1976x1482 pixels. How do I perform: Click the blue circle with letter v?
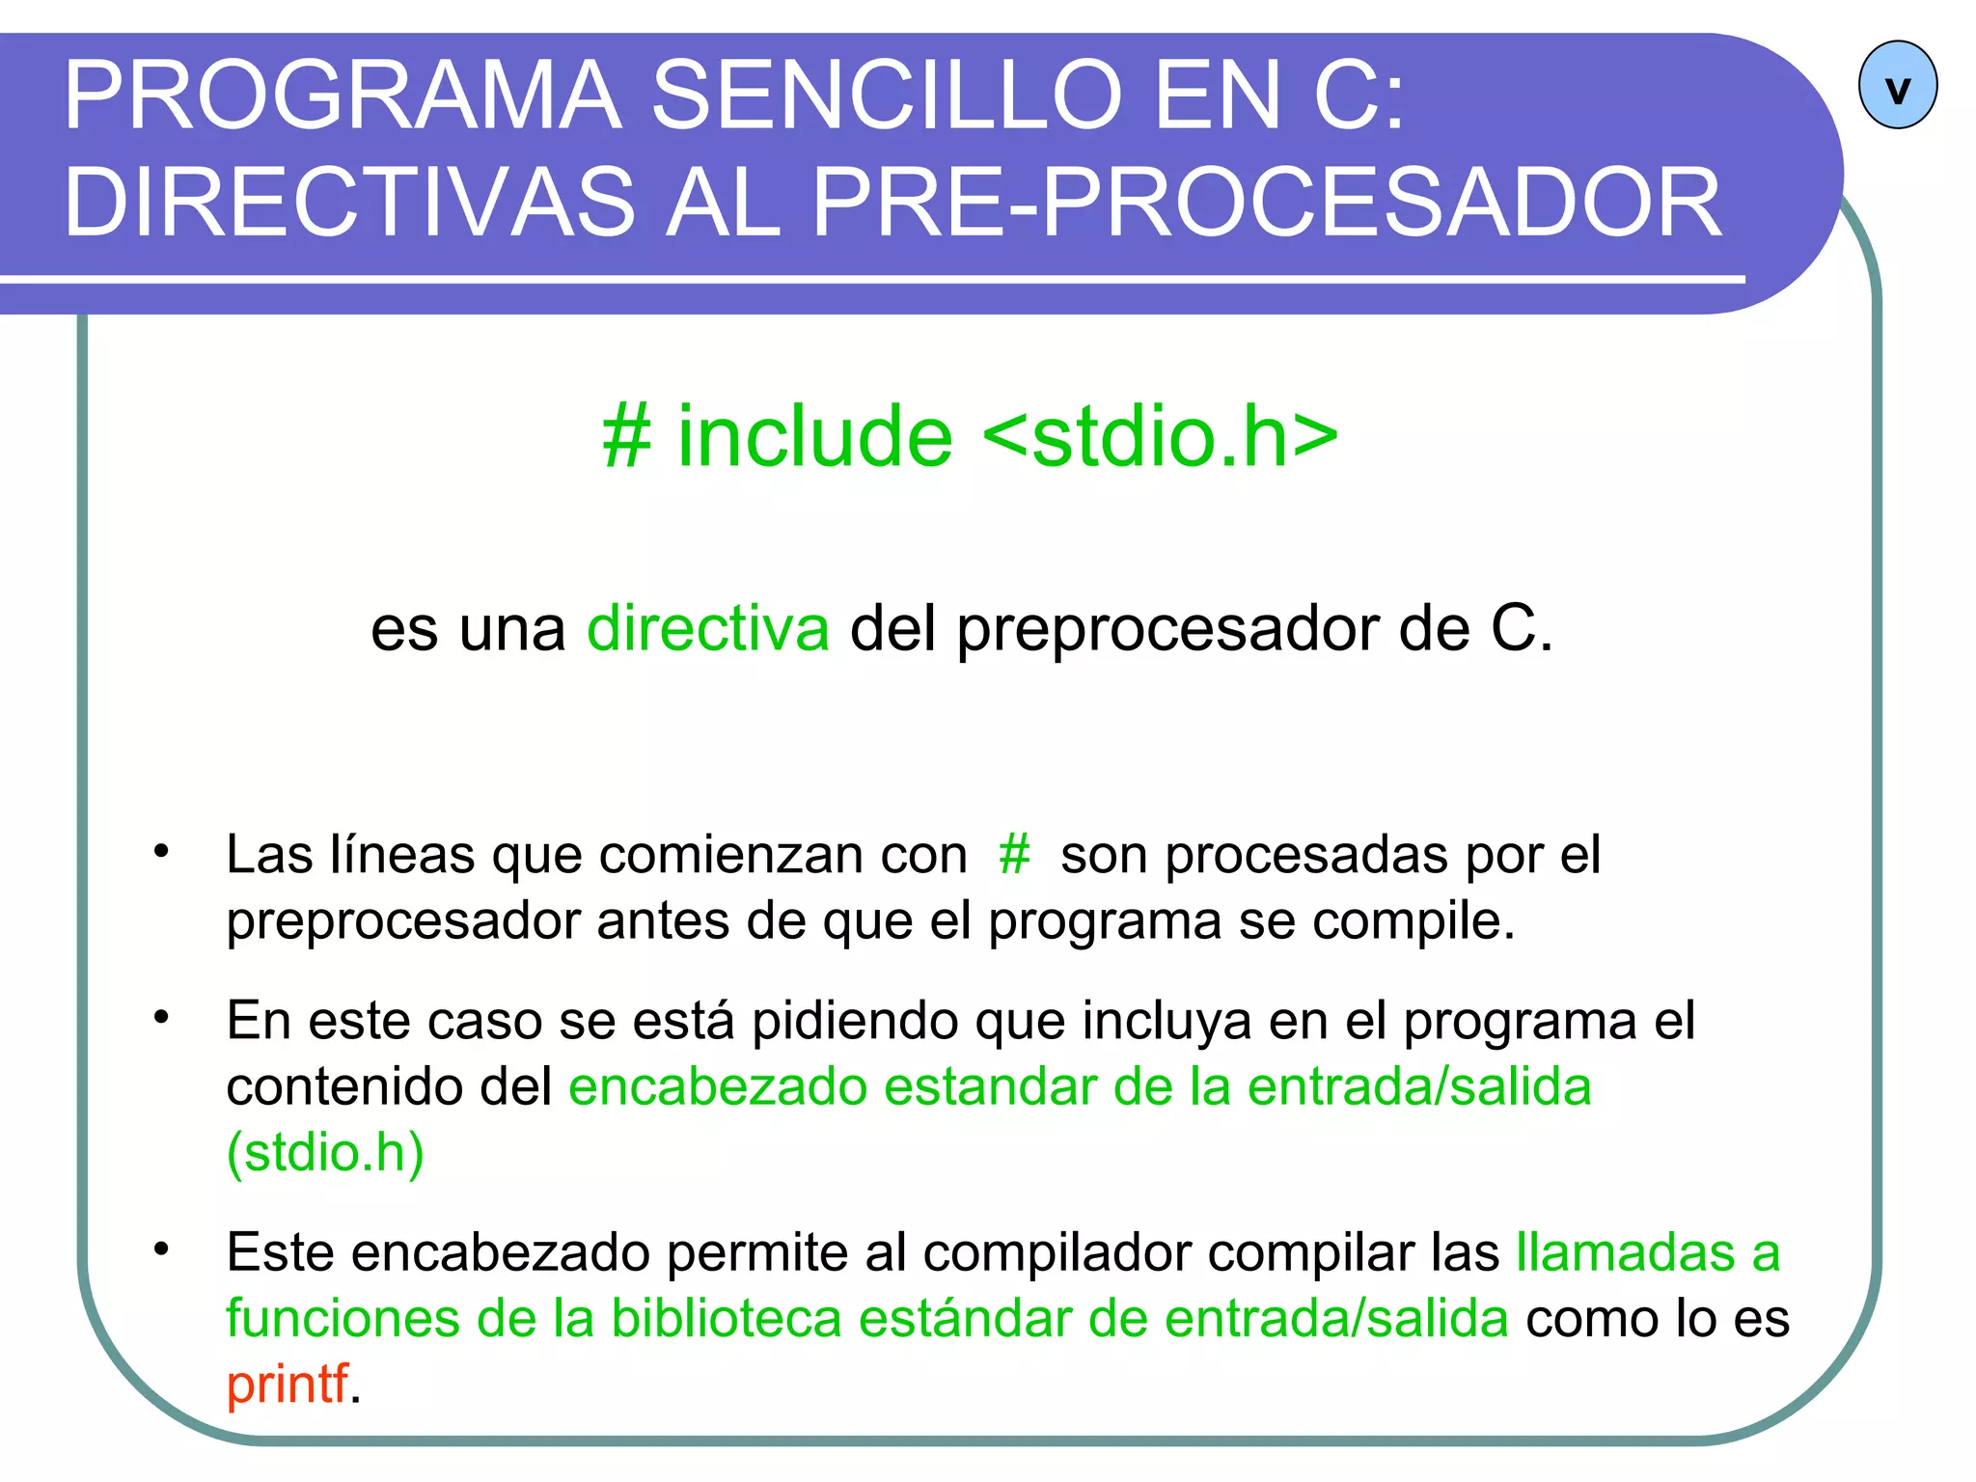1897,85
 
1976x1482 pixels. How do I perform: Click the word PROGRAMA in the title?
343,96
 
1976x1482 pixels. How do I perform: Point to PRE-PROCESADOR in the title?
1267,203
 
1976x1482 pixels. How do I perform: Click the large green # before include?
626,437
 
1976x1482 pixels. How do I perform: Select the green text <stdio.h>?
1161,437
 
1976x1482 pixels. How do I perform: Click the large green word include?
815,437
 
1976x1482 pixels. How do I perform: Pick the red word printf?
287,1384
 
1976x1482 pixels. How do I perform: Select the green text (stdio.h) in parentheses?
325,1152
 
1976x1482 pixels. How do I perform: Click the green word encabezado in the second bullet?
718,1087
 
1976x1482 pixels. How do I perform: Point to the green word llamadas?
1626,1253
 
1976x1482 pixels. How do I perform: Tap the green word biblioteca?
727,1319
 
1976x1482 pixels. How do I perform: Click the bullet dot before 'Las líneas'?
161,851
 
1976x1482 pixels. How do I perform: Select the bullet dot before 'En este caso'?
161,1017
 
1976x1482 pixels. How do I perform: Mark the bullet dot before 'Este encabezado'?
161,1249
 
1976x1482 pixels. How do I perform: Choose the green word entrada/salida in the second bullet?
1418,1087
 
